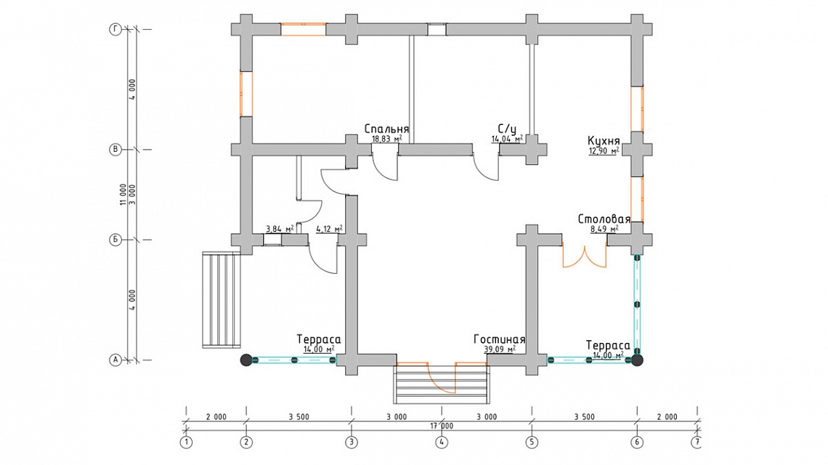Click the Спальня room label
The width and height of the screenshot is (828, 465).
(386, 129)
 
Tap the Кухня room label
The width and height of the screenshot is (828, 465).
(604, 141)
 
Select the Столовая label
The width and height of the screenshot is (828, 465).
(604, 219)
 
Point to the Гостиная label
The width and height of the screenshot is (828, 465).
(499, 339)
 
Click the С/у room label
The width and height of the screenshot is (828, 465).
(507, 129)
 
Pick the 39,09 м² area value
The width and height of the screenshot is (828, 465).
(500, 349)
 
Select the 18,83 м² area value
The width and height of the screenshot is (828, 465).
(386, 139)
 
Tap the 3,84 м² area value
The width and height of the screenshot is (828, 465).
(280, 229)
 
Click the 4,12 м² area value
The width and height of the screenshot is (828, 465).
(329, 229)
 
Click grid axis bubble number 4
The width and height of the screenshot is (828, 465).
(442, 442)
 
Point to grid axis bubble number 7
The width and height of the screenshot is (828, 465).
(697, 442)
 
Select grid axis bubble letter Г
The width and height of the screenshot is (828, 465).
(115, 30)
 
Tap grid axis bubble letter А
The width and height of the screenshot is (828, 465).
(115, 360)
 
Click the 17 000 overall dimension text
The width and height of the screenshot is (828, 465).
(442, 426)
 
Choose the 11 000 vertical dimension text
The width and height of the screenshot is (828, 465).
(123, 195)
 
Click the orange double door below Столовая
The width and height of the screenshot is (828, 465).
(584, 255)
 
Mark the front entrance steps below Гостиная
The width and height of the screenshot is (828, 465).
(442, 385)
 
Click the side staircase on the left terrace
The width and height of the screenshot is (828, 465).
(222, 299)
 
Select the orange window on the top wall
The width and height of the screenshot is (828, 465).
(303, 30)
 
